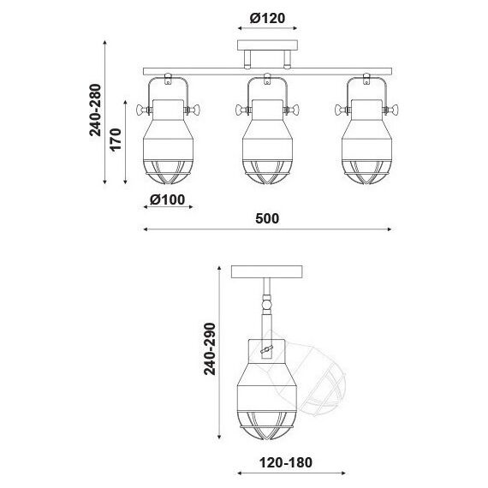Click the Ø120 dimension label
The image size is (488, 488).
click(x=267, y=18)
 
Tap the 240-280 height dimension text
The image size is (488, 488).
click(x=96, y=110)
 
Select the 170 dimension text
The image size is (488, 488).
click(x=116, y=140)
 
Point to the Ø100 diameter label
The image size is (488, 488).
click(x=168, y=199)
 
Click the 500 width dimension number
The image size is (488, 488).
click(x=267, y=218)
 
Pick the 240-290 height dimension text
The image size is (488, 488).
click(x=210, y=349)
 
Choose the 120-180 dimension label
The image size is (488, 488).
click(x=286, y=462)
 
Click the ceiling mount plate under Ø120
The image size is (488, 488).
click(x=268, y=45)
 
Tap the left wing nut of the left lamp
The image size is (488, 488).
click(x=144, y=110)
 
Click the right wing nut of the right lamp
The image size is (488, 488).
click(x=390, y=110)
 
